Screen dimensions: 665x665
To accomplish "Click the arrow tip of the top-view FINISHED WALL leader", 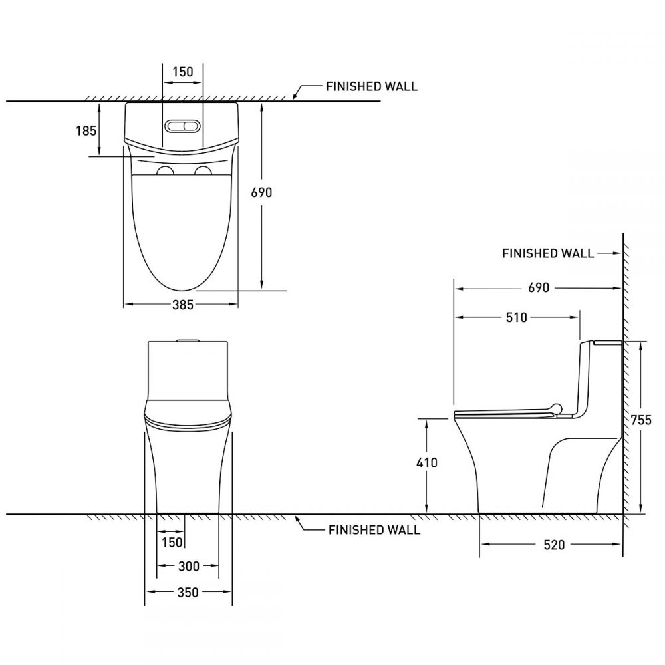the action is [x=294, y=99].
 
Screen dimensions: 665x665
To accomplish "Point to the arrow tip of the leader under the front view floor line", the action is [x=296, y=516].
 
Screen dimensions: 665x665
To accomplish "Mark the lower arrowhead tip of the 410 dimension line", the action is [x=427, y=513].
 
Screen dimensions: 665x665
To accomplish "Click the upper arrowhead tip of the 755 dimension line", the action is [x=640, y=342].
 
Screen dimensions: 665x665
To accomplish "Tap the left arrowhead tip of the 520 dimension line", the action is [x=481, y=544].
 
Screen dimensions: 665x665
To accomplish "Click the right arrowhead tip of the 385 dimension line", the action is [x=237, y=304].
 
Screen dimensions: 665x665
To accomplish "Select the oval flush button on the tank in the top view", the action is [x=182, y=126].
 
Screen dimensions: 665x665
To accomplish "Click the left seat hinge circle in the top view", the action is [x=165, y=171].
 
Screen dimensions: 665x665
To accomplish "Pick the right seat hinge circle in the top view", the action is [x=203, y=171].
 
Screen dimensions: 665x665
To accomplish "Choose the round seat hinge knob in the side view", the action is [x=555, y=409].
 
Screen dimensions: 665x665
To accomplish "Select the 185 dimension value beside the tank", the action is [x=86, y=130].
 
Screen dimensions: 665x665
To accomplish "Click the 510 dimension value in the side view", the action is [x=517, y=317].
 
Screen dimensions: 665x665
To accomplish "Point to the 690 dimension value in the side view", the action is [x=539, y=287].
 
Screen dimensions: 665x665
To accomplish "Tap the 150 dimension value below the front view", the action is [x=172, y=543].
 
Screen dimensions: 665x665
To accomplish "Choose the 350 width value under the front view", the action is [x=187, y=592].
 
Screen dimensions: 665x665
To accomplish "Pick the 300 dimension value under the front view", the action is [x=189, y=566].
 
